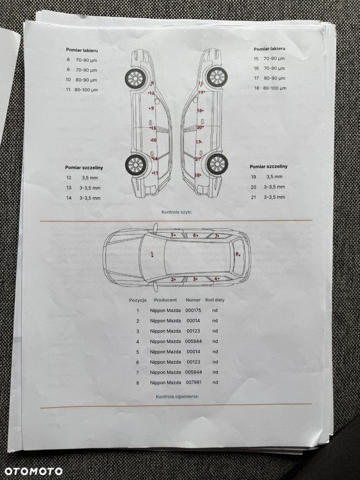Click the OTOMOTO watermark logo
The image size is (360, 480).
[x=34, y=471]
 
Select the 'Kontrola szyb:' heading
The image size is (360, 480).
[x=177, y=212]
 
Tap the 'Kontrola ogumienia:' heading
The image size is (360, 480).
[x=177, y=396]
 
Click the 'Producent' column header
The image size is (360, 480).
[x=165, y=300]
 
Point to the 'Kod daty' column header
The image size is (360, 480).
[x=215, y=300]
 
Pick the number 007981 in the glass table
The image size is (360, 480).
[x=193, y=383]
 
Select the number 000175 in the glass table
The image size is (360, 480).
[x=193, y=310]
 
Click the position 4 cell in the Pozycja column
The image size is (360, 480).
[x=138, y=342]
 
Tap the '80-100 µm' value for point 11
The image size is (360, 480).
[x=86, y=90]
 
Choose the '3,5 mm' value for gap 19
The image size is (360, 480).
[x=274, y=177]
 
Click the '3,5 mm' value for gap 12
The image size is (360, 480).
[x=90, y=178]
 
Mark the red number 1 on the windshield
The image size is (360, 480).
[x=152, y=254]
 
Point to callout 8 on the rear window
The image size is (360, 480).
[x=238, y=254]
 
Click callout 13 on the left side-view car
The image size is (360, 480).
[x=153, y=128]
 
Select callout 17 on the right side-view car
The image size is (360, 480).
[x=199, y=142]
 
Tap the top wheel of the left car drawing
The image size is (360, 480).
[x=135, y=78]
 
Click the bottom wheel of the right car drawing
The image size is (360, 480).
[x=217, y=164]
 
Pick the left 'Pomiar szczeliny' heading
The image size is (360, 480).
[x=84, y=168]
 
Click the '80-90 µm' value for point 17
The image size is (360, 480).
[x=275, y=78]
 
